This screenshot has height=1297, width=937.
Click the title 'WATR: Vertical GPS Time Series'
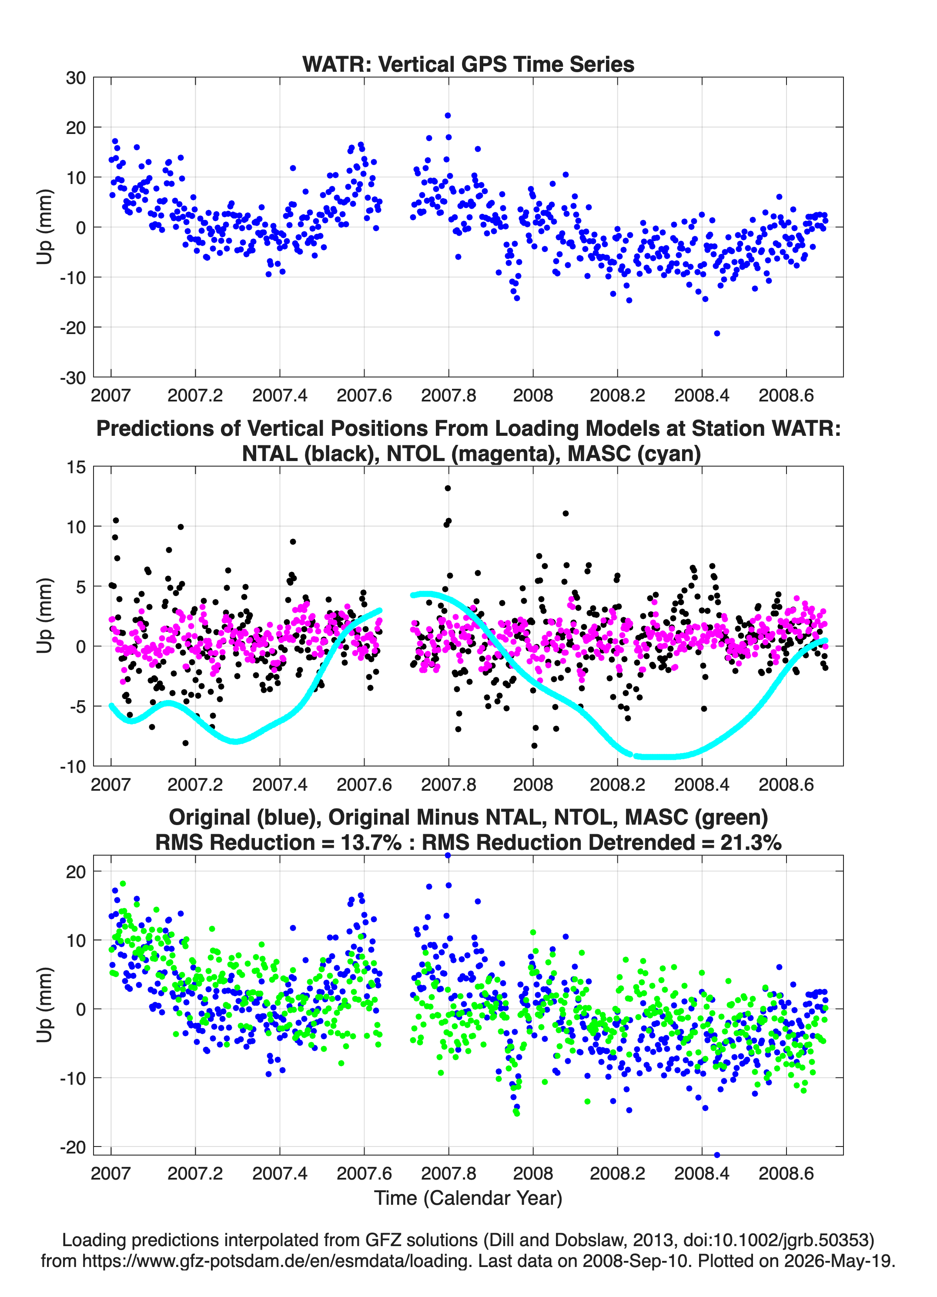tap(468, 64)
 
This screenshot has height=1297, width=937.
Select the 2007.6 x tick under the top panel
tap(364, 395)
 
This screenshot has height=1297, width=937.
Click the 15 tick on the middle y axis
tap(76, 467)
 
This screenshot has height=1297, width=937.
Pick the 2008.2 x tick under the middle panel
tap(617, 784)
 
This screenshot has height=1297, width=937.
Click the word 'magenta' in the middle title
tap(505, 454)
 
